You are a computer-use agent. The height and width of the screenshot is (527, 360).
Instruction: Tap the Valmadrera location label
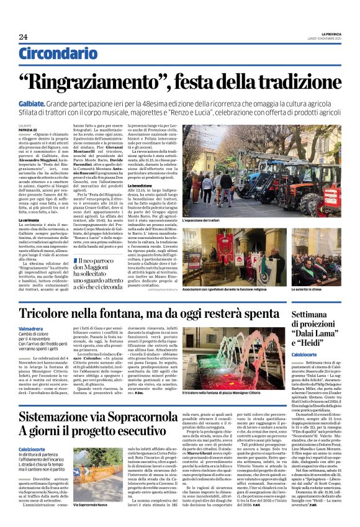(x=31, y=328)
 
